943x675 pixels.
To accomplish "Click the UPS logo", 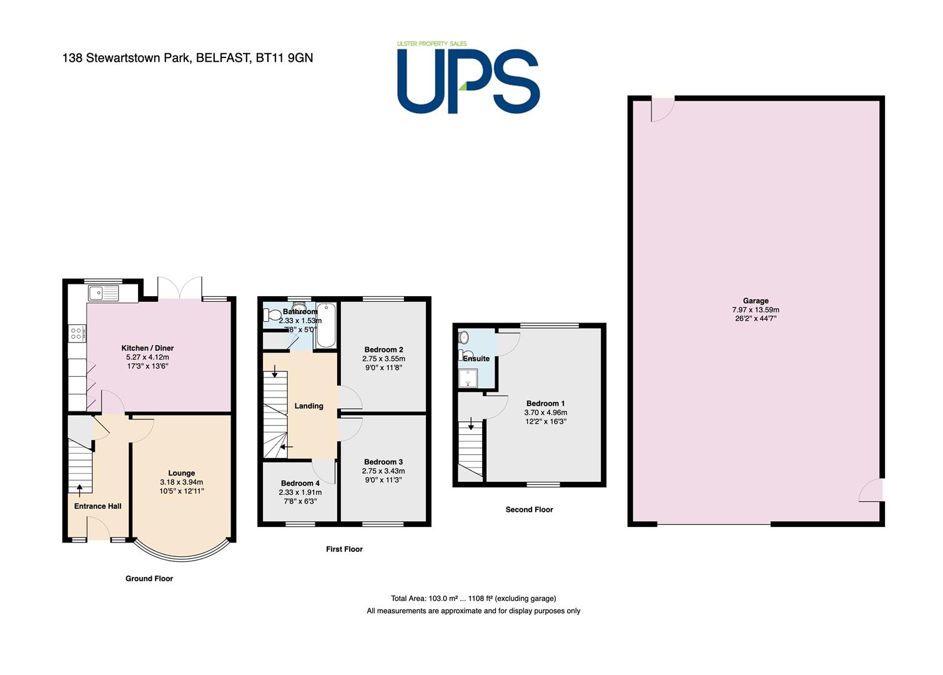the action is (468, 77).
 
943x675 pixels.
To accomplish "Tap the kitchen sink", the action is (104, 293).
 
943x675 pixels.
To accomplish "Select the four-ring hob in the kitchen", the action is (77, 333).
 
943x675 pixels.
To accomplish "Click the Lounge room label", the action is (182, 473).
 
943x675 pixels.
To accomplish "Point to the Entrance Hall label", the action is (97, 506).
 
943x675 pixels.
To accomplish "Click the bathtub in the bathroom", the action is (326, 325).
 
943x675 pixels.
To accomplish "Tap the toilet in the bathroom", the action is (272, 314).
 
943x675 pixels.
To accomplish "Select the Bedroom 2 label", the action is (383, 350).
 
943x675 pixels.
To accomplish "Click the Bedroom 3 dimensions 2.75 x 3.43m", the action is (383, 471).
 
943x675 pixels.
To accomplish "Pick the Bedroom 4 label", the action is (300, 483).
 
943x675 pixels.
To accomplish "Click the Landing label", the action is (309, 406).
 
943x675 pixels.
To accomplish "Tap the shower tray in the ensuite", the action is (468, 378).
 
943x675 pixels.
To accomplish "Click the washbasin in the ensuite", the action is (463, 337).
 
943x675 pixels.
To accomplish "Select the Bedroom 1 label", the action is (546, 403).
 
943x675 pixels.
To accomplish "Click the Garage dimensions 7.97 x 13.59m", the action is (756, 310).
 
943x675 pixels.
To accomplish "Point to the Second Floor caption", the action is (529, 509).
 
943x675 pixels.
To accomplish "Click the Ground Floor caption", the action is (149, 579).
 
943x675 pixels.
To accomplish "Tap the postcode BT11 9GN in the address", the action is (284, 57).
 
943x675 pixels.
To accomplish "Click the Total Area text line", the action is (473, 598).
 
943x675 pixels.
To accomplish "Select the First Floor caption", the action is (344, 549).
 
